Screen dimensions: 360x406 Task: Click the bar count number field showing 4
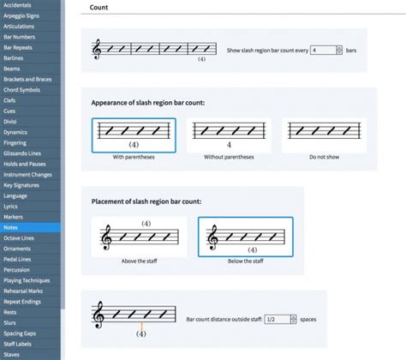pyautogui.click(x=322, y=51)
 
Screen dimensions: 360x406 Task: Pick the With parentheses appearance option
pyautogui.click(x=134, y=135)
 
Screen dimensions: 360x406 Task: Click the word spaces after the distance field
pyautogui.click(x=308, y=319)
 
